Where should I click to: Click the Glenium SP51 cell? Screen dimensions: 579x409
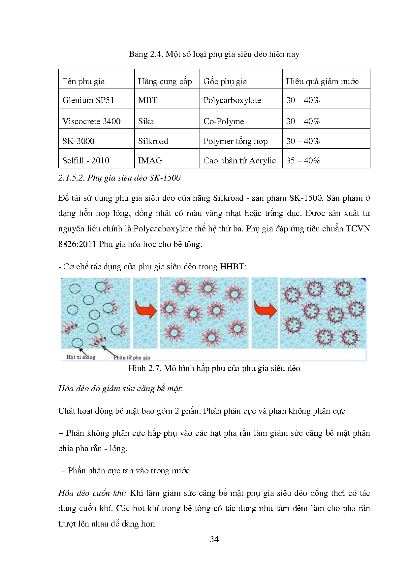pyautogui.click(x=88, y=100)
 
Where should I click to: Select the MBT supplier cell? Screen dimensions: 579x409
pyautogui.click(x=148, y=100)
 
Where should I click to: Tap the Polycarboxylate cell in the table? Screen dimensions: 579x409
pyautogui.click(x=232, y=100)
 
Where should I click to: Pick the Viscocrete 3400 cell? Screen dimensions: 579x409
pyautogui.click(x=91, y=121)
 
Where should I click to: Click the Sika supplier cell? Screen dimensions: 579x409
pyautogui.click(x=146, y=121)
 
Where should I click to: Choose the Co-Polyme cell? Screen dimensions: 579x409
pyautogui.click(x=223, y=121)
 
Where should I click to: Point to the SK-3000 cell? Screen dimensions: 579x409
pyautogui.click(x=78, y=141)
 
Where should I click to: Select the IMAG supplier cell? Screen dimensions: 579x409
pyautogui.click(x=150, y=160)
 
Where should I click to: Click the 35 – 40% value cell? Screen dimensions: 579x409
pyautogui.click(x=303, y=160)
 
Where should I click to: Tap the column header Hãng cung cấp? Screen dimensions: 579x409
pyautogui.click(x=165, y=81)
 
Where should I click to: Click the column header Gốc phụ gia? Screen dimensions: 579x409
pyautogui.click(x=225, y=81)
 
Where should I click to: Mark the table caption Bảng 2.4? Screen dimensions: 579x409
pyautogui.click(x=214, y=54)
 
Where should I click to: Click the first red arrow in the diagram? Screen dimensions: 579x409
pyautogui.click(x=145, y=310)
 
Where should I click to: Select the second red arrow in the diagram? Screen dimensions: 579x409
pyautogui.click(x=265, y=310)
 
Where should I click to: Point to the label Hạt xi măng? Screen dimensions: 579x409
pyautogui.click(x=81, y=357)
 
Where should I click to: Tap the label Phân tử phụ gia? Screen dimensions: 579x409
pyautogui.click(x=132, y=357)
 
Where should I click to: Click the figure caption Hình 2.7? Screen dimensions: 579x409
pyautogui.click(x=214, y=368)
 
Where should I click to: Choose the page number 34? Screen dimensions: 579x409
pyautogui.click(x=214, y=539)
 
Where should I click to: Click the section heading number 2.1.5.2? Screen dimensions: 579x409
pyautogui.click(x=72, y=178)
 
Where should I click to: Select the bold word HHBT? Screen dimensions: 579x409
pyautogui.click(x=232, y=266)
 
